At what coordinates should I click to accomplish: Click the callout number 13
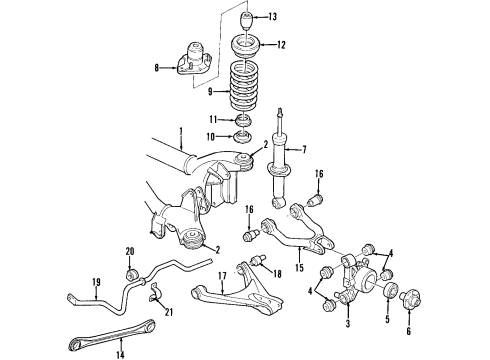273,17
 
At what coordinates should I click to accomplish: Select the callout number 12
281,45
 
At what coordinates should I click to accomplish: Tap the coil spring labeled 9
244,89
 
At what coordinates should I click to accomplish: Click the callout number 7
304,150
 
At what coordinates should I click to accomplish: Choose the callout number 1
181,132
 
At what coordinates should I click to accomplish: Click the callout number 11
213,119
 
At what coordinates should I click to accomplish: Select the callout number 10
211,137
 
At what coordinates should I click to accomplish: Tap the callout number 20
130,251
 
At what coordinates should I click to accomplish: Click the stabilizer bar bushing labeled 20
131,274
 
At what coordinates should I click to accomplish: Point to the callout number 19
96,282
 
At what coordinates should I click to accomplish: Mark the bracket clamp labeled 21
153,292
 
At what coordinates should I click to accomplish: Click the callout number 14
120,355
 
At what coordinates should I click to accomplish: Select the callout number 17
222,276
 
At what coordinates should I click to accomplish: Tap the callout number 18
277,274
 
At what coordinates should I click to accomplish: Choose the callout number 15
299,267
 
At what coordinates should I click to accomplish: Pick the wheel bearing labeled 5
390,289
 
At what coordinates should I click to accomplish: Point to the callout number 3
348,323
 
